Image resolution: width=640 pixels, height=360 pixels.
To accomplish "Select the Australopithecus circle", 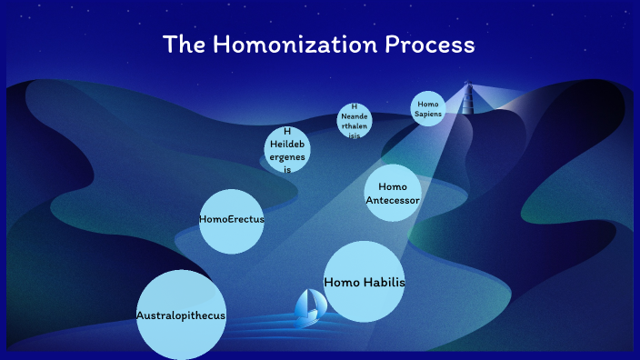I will coord(181,315).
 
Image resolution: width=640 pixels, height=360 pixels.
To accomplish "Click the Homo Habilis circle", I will coord(364,282).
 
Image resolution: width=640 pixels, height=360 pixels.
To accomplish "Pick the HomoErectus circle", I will coord(232,220).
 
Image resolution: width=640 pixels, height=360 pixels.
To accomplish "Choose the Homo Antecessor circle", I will coord(393,193).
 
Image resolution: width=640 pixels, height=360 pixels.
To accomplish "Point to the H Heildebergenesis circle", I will coord(287,150).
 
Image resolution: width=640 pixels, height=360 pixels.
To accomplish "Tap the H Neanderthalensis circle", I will coord(354,121).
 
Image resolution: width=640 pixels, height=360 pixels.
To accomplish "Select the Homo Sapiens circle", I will coord(428,109).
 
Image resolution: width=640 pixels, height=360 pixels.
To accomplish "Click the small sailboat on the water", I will coord(307,307).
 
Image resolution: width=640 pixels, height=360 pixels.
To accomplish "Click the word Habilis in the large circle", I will coord(385,282).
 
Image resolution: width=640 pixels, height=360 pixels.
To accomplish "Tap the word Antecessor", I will coord(393,200).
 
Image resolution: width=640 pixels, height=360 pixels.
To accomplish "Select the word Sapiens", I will coord(428,115).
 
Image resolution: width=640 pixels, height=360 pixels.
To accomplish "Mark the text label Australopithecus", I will coord(181,315).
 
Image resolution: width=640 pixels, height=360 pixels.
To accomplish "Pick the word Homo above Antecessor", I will coord(393,186).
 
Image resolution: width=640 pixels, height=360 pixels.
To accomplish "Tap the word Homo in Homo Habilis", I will coord(343,282).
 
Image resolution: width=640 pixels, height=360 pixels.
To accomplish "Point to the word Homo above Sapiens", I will coord(428,104).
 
